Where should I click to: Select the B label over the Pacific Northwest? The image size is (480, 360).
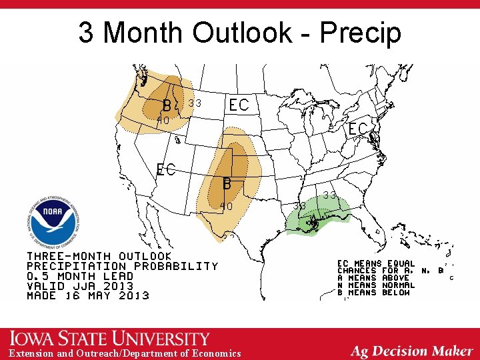tap(167, 105)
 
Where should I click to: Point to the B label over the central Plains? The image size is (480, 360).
tap(227, 182)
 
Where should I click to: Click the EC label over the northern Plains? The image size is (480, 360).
tap(239, 105)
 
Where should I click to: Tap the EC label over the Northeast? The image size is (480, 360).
tap(358, 129)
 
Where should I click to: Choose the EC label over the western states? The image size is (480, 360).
tap(166, 169)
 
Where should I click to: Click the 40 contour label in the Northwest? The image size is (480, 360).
tap(162, 121)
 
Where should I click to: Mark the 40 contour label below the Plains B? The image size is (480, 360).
tap(226, 207)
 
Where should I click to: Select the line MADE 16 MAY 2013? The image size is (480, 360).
tap(87, 295)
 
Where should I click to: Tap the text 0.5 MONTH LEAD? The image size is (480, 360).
tap(80, 275)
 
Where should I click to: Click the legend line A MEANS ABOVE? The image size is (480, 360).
tap(376, 278)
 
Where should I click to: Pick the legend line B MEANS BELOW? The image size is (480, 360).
tap(376, 293)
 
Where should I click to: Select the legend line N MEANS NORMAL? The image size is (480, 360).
tap(376, 285)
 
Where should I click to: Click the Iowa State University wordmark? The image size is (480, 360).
tap(110, 339)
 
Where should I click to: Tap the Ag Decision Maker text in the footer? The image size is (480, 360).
tap(411, 351)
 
